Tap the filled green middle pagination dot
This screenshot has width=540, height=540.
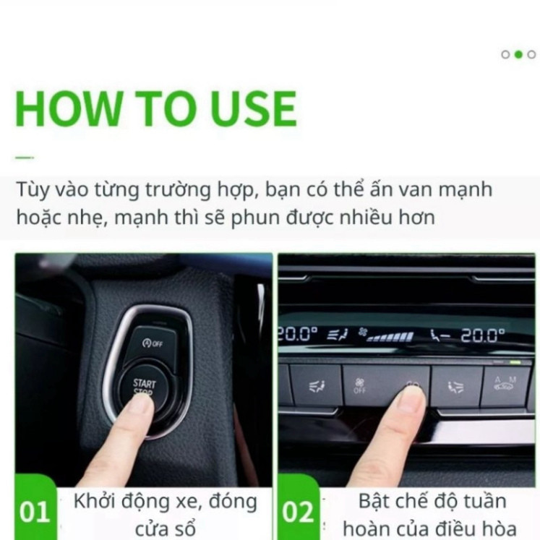(518, 54)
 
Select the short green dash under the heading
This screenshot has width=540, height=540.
(25, 157)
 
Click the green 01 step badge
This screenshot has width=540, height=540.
(34, 513)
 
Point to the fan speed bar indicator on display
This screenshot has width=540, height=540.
(390, 336)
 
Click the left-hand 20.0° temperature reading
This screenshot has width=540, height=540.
(297, 334)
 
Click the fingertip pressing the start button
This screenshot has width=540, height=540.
(139, 404)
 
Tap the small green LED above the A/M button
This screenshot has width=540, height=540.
(515, 361)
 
